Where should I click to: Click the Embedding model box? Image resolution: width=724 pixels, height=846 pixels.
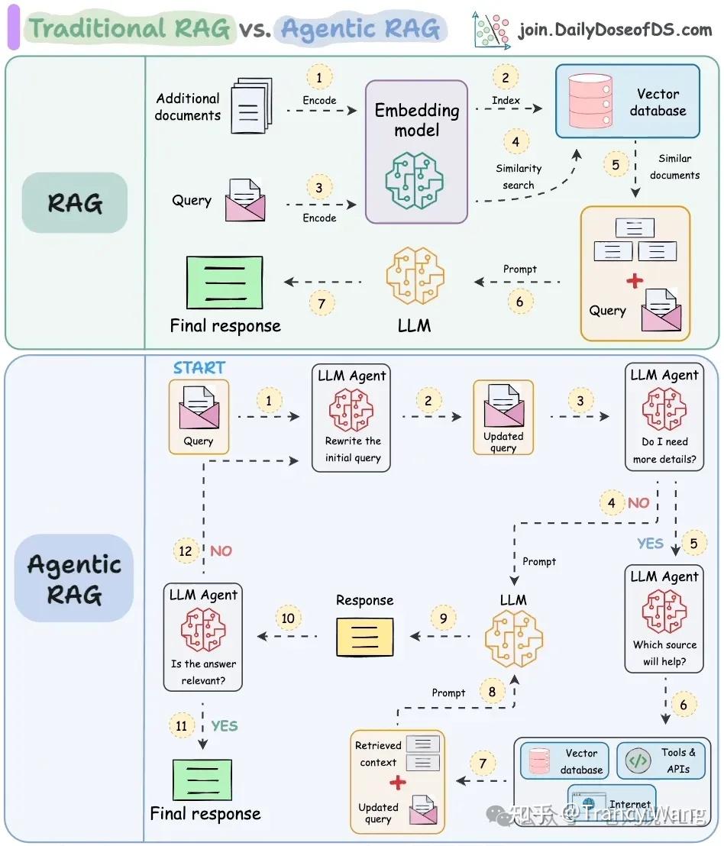coord(416,152)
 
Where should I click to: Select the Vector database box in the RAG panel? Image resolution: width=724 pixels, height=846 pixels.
coord(627,101)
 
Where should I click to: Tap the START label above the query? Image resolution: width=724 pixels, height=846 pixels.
coord(199,367)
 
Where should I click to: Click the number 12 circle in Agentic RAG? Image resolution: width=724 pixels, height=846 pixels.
coord(185,551)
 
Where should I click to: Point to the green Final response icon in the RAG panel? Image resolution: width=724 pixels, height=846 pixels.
coord(225,282)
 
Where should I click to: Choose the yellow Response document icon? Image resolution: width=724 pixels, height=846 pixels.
coord(365,636)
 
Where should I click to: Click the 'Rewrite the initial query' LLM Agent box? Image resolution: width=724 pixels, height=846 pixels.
coord(351,417)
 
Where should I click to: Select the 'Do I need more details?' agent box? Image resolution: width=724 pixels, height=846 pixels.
coord(664,417)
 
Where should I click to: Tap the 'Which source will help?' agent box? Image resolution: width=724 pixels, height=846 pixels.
coord(663,619)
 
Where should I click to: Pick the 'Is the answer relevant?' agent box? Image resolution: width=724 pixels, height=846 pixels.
coord(203,637)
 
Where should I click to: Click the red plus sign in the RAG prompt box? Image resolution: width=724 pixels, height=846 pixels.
coord(635,281)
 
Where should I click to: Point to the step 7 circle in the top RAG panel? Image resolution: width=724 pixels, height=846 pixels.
coord(322,303)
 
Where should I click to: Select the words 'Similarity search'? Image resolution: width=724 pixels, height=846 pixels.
coord(519,176)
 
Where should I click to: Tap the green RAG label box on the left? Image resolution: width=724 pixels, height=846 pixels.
coord(74,203)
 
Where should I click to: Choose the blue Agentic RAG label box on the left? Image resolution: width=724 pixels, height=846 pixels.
coord(74,578)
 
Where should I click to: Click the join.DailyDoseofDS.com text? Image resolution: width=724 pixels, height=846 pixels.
coord(615,31)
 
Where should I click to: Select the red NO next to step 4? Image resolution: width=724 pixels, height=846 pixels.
coord(638,502)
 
